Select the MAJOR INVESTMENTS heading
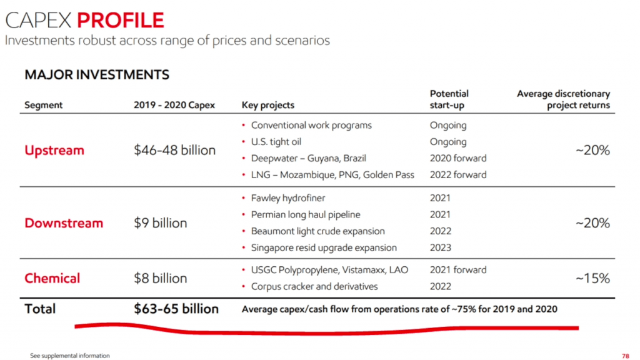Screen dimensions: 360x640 click(97, 75)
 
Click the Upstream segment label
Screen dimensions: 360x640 click(54, 151)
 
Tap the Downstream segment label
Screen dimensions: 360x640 click(64, 223)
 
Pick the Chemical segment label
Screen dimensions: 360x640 click(52, 278)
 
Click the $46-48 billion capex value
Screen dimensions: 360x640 click(175, 151)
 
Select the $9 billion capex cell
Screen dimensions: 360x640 click(161, 223)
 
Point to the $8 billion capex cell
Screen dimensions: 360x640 click(161, 278)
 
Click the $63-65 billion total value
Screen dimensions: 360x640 click(176, 309)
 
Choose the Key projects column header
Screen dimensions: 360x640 click(267, 105)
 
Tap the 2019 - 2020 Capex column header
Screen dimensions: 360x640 click(174, 105)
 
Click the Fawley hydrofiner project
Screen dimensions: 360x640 click(289, 198)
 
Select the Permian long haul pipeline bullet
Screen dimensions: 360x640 click(306, 214)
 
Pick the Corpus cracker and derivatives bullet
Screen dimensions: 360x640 click(314, 286)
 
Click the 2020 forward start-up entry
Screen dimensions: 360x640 click(458, 158)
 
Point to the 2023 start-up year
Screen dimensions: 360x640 click(441, 247)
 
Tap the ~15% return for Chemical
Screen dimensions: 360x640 click(592, 278)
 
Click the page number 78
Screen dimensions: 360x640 click(626, 356)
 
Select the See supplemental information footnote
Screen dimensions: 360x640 click(70, 356)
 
